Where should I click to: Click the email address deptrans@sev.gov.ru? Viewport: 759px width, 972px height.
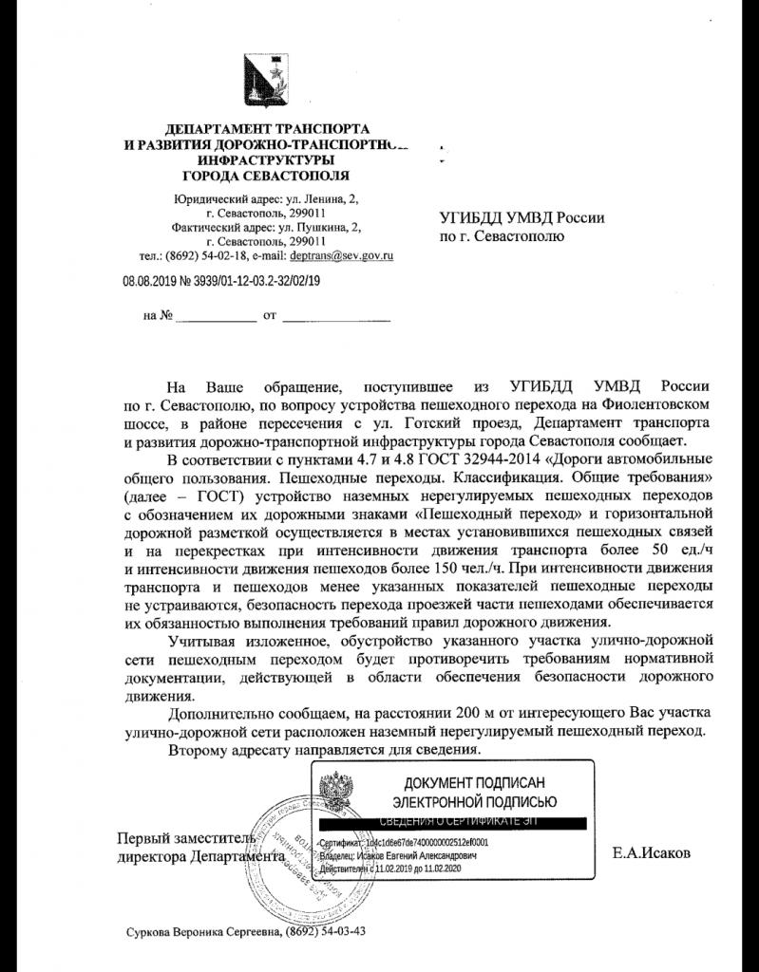click(342, 255)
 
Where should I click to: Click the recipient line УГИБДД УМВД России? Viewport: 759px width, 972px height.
click(522, 217)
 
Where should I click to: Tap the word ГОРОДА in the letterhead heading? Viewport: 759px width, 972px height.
click(216, 176)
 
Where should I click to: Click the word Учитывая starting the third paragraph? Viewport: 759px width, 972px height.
click(203, 641)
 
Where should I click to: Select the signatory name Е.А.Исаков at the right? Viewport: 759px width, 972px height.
click(653, 853)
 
